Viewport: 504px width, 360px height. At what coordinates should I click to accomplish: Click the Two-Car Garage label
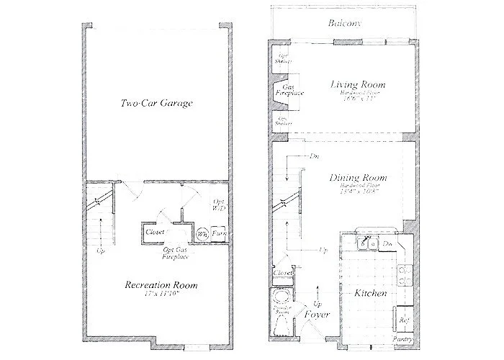pos(156,104)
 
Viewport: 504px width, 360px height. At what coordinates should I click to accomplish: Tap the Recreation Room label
pos(161,286)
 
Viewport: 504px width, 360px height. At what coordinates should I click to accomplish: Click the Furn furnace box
pos(217,234)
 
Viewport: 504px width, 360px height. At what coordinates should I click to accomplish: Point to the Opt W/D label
pos(220,204)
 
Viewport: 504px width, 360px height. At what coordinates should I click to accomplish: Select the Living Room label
pos(358,85)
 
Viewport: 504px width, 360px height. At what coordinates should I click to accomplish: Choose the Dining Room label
pos(358,178)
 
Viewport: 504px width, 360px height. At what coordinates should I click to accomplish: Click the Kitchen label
pos(372,294)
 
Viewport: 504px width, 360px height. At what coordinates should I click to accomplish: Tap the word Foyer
pos(316,315)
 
